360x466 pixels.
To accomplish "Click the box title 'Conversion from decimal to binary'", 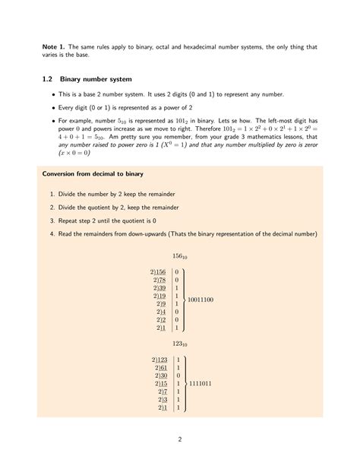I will point(93,174).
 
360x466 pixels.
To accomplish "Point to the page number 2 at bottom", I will point(179,439).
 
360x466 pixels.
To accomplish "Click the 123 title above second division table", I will point(180,344).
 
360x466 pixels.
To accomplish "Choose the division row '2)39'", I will point(159,290).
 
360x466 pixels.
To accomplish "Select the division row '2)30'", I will point(159,376).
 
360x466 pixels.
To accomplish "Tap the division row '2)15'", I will point(159,385).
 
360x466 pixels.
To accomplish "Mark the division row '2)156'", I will point(158,271).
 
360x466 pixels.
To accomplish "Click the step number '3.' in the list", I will point(52,220).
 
